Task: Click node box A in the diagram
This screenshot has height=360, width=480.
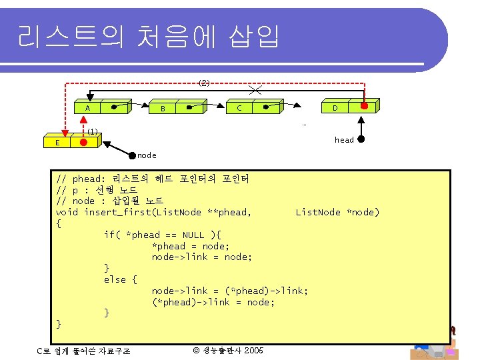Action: click(x=88, y=107)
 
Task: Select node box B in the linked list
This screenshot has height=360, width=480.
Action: click(x=163, y=108)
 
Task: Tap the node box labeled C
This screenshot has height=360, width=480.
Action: click(x=239, y=107)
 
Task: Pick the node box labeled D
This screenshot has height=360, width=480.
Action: click(x=335, y=107)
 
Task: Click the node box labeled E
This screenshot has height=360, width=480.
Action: click(x=58, y=143)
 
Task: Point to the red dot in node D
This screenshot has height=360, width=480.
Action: click(x=364, y=106)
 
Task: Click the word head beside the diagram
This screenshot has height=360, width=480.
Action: click(x=344, y=140)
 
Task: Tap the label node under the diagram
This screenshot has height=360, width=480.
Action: click(x=147, y=155)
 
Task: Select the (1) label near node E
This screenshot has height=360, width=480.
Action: click(x=93, y=131)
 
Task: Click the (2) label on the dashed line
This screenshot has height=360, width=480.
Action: click(x=205, y=83)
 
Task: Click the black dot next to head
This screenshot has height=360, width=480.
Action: click(x=361, y=140)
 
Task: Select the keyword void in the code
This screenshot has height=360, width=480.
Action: click(x=67, y=212)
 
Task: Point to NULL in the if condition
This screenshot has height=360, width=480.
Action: click(x=193, y=235)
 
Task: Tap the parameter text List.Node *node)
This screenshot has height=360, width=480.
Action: click(x=337, y=212)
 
